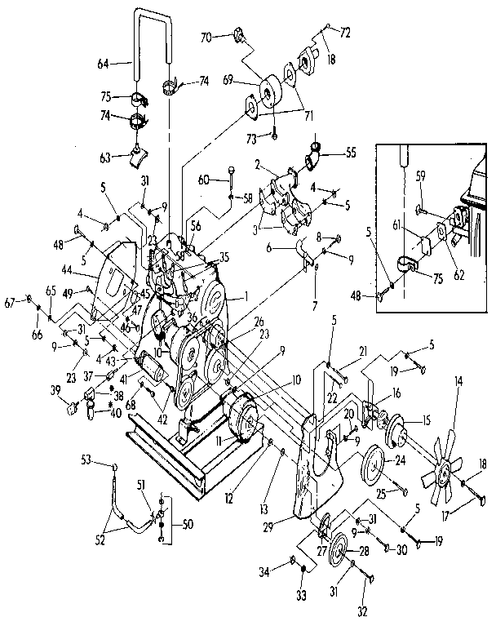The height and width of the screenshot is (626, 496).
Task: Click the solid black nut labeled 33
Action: point(303,569)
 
